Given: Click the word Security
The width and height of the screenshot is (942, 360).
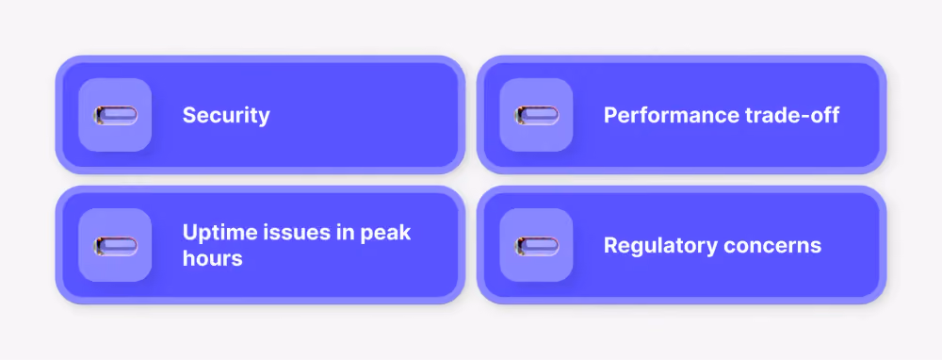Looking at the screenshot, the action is [x=226, y=115].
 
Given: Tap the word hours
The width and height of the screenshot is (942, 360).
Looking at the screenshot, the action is [x=213, y=258].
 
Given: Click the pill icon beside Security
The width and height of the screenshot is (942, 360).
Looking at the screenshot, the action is [x=115, y=115].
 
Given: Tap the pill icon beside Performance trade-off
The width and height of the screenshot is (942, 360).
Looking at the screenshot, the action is [x=537, y=115].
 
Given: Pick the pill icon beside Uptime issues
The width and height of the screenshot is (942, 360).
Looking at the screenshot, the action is [x=115, y=246].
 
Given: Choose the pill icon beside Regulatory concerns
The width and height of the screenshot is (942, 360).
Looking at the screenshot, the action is [x=537, y=246].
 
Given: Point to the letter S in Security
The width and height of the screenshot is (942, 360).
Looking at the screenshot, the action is [x=189, y=115].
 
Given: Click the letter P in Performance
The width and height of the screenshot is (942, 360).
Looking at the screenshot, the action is [x=610, y=115].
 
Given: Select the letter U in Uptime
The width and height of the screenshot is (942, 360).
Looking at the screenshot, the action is [x=190, y=232].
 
